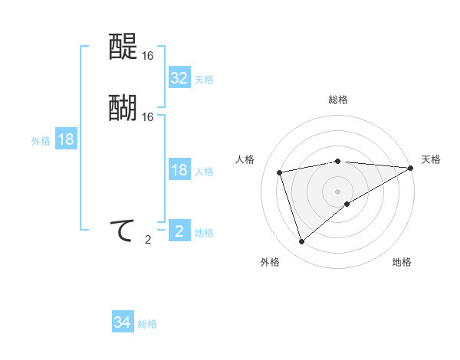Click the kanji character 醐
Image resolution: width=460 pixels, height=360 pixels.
(x=122, y=108)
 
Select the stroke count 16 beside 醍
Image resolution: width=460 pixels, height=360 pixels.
(x=147, y=56)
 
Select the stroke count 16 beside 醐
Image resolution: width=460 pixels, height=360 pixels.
(x=147, y=117)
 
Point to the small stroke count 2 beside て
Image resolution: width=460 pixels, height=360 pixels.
(x=147, y=240)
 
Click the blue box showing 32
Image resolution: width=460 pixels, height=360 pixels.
(x=179, y=78)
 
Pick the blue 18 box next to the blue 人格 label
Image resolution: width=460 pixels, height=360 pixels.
(x=179, y=170)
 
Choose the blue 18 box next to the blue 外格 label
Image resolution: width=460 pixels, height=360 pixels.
(x=66, y=139)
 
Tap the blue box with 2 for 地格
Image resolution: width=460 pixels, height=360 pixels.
(x=179, y=231)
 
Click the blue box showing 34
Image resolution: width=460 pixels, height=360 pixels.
(x=122, y=322)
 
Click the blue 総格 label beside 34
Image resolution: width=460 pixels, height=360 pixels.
(x=147, y=324)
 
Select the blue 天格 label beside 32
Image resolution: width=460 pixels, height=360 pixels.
(x=204, y=80)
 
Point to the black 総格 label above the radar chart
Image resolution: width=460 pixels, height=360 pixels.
(x=338, y=100)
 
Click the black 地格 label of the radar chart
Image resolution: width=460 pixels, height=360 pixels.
(x=402, y=262)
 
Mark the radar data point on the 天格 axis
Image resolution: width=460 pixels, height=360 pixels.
(x=410, y=168)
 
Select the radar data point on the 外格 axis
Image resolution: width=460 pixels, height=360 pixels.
(x=301, y=242)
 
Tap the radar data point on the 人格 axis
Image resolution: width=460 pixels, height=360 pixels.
(x=280, y=172)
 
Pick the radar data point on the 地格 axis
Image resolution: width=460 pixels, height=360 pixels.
(x=347, y=204)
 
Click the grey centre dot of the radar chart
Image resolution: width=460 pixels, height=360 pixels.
(x=338, y=191)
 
